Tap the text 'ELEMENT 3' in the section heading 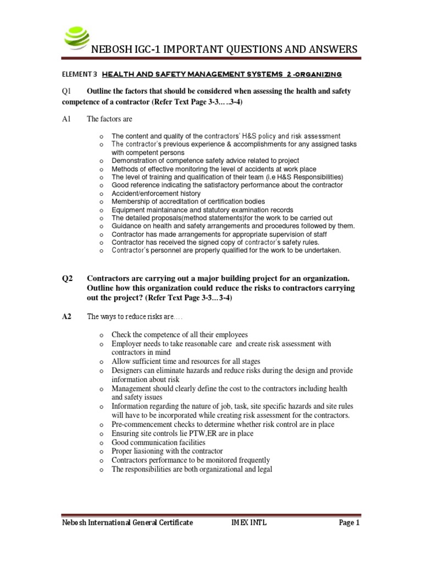tap(79, 74)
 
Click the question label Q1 tap(68, 91)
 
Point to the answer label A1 tap(68, 119)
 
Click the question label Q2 tap(68, 278)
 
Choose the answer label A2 tap(68, 316)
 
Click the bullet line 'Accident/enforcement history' tap(157, 194)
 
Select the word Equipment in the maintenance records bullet tap(128, 210)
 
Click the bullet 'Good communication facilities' tap(158, 442)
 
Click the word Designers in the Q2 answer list tap(127, 370)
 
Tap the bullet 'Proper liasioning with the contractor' tap(170, 451)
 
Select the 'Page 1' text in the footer tap(348, 523)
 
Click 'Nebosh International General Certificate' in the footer tap(127, 523)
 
